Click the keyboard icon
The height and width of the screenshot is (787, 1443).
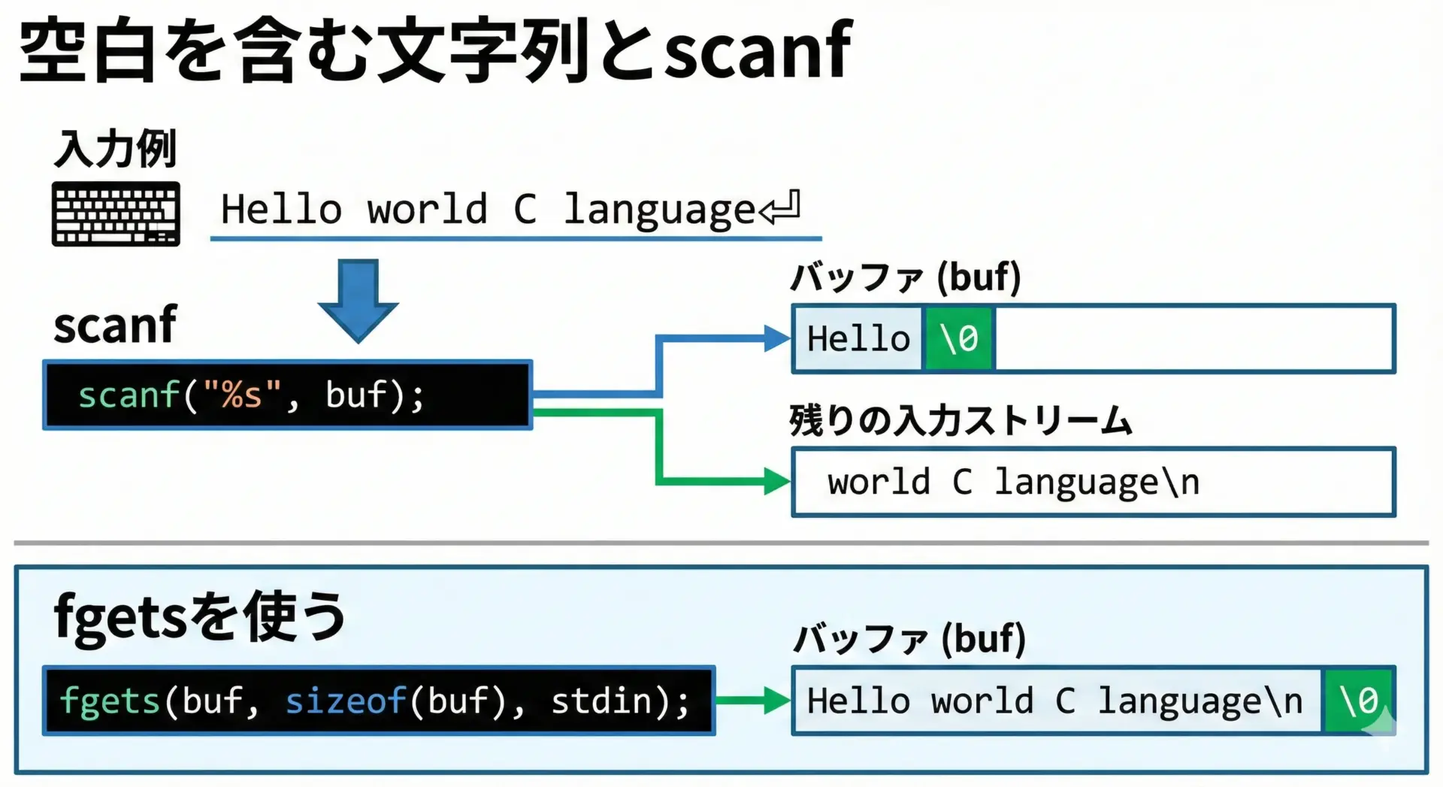[116, 213]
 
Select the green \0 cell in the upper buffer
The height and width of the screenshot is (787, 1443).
[959, 339]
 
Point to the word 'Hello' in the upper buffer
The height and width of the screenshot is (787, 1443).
[858, 339]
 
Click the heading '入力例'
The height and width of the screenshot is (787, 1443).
[116, 149]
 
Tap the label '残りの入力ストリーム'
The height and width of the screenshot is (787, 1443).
[960, 420]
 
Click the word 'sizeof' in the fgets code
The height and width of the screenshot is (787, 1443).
[346, 701]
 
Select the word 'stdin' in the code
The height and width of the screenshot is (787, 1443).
[601, 701]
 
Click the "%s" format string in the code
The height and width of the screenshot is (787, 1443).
[241, 395]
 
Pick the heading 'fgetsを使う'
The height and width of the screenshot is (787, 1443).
[199, 616]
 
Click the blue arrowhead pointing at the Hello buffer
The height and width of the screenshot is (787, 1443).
[776, 338]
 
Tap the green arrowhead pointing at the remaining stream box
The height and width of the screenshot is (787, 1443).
[776, 481]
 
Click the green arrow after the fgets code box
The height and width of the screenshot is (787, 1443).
[752, 701]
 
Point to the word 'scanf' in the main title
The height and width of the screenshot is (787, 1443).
[759, 51]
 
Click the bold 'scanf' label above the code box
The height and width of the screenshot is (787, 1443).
[115, 325]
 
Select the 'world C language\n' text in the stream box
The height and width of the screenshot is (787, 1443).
[1013, 483]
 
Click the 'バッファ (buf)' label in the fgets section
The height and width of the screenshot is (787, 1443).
[910, 639]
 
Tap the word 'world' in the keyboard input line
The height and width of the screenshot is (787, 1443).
[427, 209]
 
